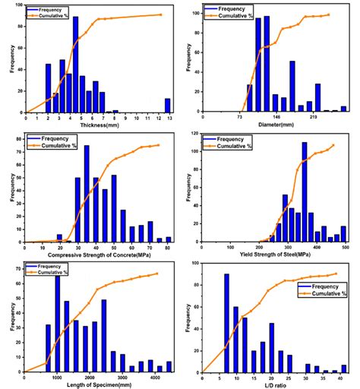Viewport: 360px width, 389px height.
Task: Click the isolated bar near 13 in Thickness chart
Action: click(167, 105)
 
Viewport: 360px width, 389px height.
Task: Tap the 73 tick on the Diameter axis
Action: click(240, 118)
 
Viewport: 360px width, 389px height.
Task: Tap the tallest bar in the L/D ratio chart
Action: click(226, 323)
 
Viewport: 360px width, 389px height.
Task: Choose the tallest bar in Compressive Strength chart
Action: click(86, 194)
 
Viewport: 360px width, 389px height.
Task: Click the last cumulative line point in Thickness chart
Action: click(161, 14)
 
